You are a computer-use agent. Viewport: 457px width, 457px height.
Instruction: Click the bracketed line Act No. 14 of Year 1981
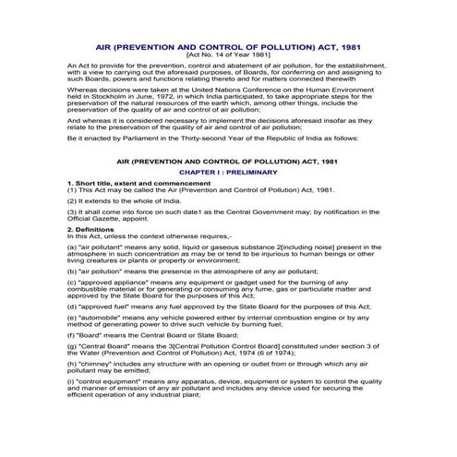coord(228,55)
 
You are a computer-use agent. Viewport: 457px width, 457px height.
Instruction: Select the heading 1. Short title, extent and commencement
coord(139,184)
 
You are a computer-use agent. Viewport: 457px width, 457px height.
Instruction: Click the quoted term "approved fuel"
coord(102,304)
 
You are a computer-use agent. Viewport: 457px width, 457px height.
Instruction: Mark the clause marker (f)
coord(72,334)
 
